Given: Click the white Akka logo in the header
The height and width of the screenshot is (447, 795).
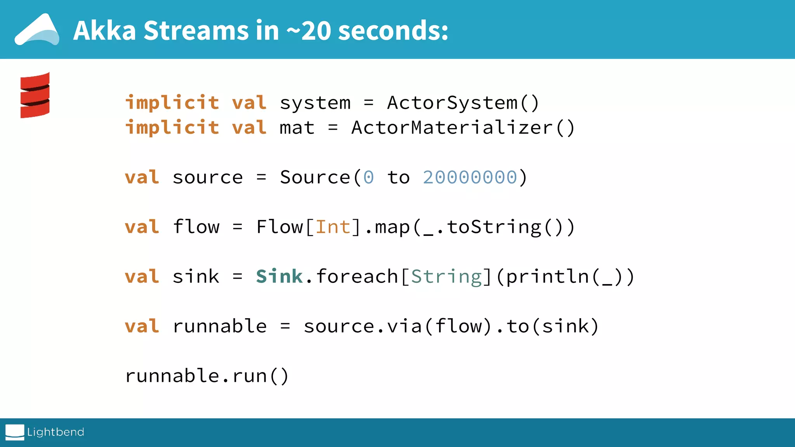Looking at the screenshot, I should click(37, 30).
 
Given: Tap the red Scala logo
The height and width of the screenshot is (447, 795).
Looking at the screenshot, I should click(35, 95).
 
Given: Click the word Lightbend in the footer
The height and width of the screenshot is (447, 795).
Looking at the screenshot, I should click(56, 432).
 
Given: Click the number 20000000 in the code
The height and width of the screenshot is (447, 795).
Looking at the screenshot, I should click(470, 177).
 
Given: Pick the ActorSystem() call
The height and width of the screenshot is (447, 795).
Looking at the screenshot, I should click(463, 103).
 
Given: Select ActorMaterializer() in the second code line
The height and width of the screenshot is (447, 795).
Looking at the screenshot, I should click(463, 128).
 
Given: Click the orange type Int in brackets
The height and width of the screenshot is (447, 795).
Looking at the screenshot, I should click(333, 227).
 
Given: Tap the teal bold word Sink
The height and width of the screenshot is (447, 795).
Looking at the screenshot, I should click(279, 276).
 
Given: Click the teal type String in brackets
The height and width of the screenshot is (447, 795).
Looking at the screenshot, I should click(446, 277).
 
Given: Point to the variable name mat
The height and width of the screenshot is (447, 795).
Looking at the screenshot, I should click(297, 128).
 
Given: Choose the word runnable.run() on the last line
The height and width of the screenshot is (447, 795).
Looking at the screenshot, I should click(207, 376).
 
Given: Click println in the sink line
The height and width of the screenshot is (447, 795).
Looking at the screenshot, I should click(547, 277).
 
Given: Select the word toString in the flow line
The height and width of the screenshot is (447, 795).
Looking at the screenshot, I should click(494, 227).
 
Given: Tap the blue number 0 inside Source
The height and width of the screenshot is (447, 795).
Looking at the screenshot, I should click(368, 177).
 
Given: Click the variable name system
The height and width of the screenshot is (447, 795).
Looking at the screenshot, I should click(315, 103).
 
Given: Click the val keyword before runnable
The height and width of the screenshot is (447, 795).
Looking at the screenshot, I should click(142, 326).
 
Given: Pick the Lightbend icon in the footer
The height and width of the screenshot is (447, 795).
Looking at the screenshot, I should click(15, 432).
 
